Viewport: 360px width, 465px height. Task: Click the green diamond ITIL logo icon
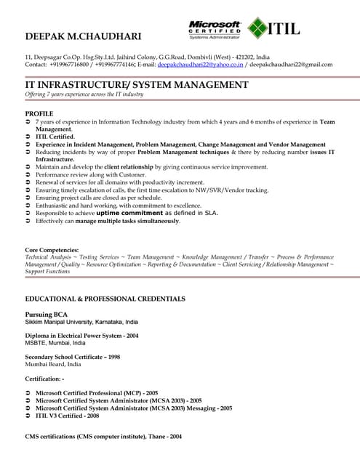257,29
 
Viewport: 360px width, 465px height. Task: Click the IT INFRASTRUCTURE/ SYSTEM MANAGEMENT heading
137,84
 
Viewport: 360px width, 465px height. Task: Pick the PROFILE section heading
39,114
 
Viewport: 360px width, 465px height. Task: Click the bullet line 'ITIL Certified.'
55,137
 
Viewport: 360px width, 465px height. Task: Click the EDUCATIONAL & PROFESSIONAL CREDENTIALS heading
105,299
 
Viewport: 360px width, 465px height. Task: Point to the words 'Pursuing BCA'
48,314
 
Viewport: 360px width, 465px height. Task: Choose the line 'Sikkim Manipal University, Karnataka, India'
81,321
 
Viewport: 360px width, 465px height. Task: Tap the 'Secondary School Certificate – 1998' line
72,357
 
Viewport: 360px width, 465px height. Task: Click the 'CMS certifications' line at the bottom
103,437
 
